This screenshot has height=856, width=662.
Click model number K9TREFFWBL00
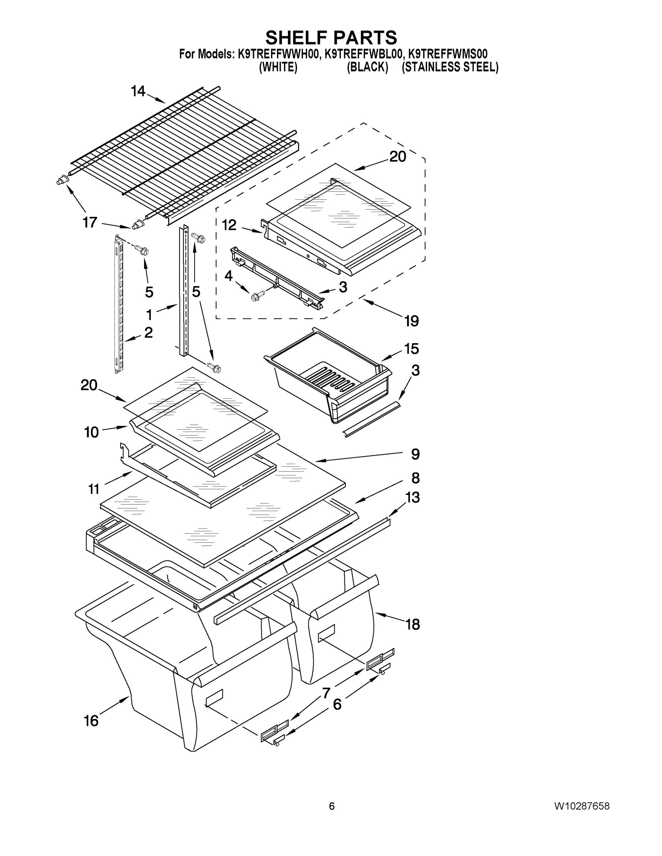pyautogui.click(x=364, y=54)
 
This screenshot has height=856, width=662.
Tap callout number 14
pyautogui.click(x=138, y=91)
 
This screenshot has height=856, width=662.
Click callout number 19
pyautogui.click(x=411, y=321)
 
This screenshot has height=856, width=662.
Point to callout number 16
pyautogui.click(x=91, y=720)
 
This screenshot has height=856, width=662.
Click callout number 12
pyautogui.click(x=229, y=225)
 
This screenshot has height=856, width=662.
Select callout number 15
pyautogui.click(x=411, y=348)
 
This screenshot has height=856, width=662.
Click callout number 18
pyautogui.click(x=413, y=625)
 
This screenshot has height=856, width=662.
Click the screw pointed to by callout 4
pyautogui.click(x=257, y=296)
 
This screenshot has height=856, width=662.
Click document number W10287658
pyautogui.click(x=582, y=806)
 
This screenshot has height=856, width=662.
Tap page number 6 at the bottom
pyautogui.click(x=332, y=806)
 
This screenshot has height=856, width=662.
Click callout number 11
pyautogui.click(x=94, y=489)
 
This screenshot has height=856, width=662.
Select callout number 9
pyautogui.click(x=415, y=454)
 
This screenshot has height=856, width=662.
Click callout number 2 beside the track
pyautogui.click(x=148, y=332)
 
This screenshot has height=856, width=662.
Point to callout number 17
pyautogui.click(x=90, y=222)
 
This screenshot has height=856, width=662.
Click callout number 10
pyautogui.click(x=91, y=432)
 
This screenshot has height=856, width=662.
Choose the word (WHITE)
pyautogui.click(x=278, y=67)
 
